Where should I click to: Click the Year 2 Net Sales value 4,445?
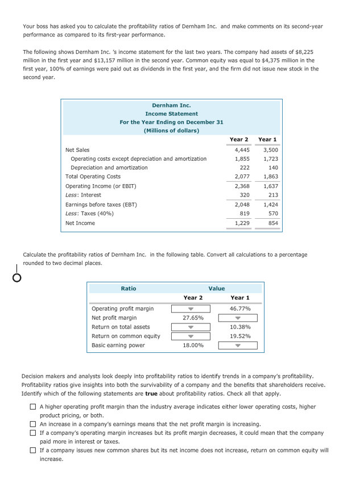[242, 150]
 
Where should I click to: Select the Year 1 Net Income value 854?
[273, 223]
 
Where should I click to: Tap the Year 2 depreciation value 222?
[245, 168]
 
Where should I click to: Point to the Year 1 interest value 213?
[273, 195]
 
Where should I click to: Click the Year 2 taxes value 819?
[245, 214]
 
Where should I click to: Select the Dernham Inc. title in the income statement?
[171, 105]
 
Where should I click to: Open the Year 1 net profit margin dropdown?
[240, 318]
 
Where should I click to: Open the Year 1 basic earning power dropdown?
[240, 345]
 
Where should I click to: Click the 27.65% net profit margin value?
[193, 318]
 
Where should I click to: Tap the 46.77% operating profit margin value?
[240, 309]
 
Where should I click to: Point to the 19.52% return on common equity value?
[240, 336]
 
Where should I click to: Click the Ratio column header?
[129, 289]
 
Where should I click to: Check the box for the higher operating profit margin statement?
[34, 407]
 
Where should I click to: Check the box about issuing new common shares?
[34, 451]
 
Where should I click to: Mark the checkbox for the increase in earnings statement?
[34, 424]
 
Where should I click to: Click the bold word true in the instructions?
[151, 393]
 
